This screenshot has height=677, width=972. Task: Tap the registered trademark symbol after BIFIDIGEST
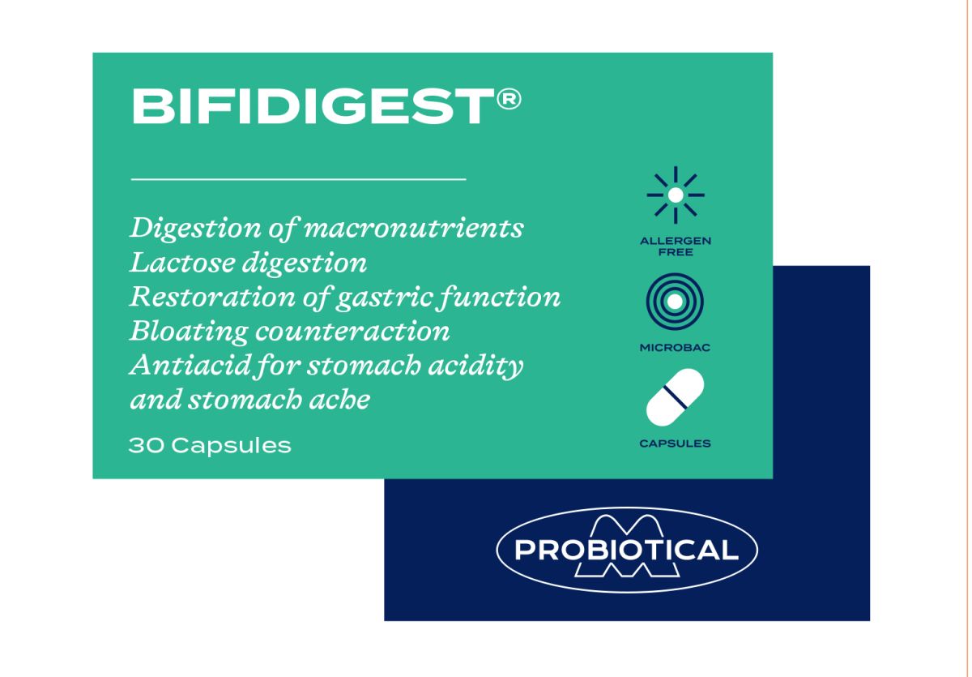coord(508,99)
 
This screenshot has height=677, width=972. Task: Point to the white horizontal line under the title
coord(298,178)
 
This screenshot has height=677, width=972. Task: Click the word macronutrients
coord(413,228)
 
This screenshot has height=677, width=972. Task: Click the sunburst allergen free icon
coord(675,195)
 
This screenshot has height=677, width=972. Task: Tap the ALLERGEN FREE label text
coord(675,246)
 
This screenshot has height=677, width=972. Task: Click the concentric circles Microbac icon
coord(675,301)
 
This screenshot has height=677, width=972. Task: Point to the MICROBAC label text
coord(675,348)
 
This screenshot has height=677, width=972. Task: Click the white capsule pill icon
coord(675,398)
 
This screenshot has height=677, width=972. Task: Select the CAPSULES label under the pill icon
coord(675,443)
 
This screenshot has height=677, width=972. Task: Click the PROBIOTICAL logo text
coord(626,551)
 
